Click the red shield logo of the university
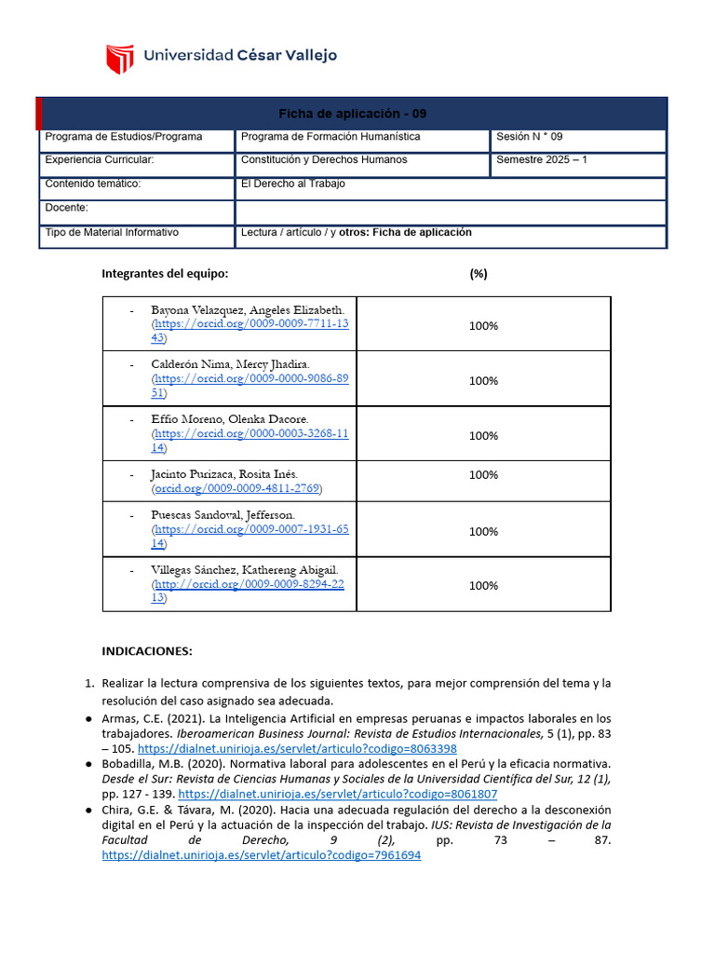(120, 59)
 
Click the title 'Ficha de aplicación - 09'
(353, 114)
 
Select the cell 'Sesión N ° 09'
(529, 136)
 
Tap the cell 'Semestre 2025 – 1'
(542, 159)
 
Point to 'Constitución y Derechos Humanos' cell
(324, 159)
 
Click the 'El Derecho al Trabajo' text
(292, 184)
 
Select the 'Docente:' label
(66, 208)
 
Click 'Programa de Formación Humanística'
(331, 136)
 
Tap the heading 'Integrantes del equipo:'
(165, 274)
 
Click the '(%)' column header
(479, 274)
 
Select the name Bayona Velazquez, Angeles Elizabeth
(248, 309)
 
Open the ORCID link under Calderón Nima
(251, 379)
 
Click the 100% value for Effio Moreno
(483, 435)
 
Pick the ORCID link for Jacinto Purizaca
(236, 488)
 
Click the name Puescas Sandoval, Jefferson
(223, 515)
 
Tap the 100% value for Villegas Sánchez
(483, 586)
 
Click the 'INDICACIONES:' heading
(146, 651)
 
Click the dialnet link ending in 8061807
(337, 794)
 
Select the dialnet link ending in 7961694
(261, 855)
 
